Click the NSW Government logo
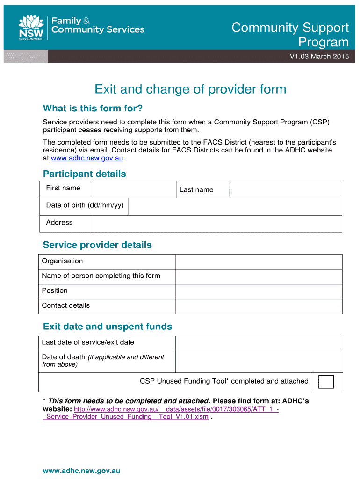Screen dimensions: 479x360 (31, 28)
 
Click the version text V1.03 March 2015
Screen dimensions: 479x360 (319, 57)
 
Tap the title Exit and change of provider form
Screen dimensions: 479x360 (190, 89)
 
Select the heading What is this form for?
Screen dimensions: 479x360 (93, 109)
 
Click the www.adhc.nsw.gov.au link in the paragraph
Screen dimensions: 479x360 (87, 158)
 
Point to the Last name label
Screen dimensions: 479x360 (196, 189)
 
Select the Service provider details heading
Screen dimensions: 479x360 (97, 245)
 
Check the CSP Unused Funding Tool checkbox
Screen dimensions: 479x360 (326, 382)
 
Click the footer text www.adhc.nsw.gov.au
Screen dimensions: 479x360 (81, 471)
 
